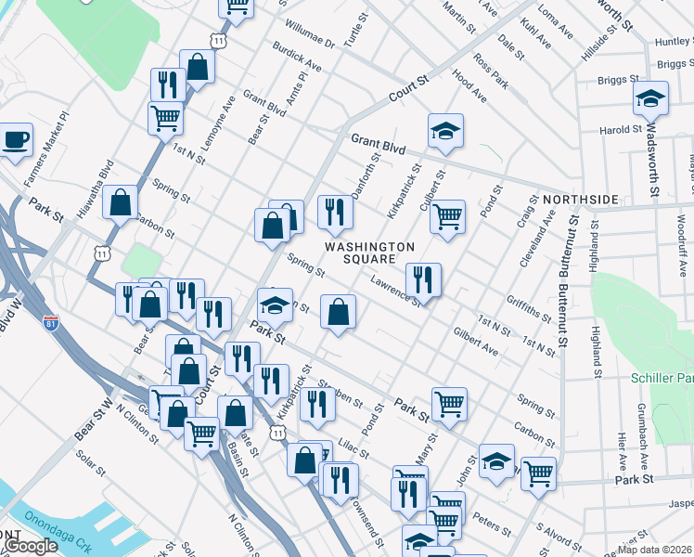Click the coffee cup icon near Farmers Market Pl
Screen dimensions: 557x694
click(15, 141)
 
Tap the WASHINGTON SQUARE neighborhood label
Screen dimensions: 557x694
click(369, 253)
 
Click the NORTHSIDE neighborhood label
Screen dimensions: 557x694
click(580, 200)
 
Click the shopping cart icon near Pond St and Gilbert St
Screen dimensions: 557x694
click(447, 216)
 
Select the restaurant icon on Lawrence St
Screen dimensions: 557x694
click(422, 278)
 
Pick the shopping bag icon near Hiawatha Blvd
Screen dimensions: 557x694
click(121, 201)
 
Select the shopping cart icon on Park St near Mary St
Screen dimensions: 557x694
click(449, 404)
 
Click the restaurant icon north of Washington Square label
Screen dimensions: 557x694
click(334, 212)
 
